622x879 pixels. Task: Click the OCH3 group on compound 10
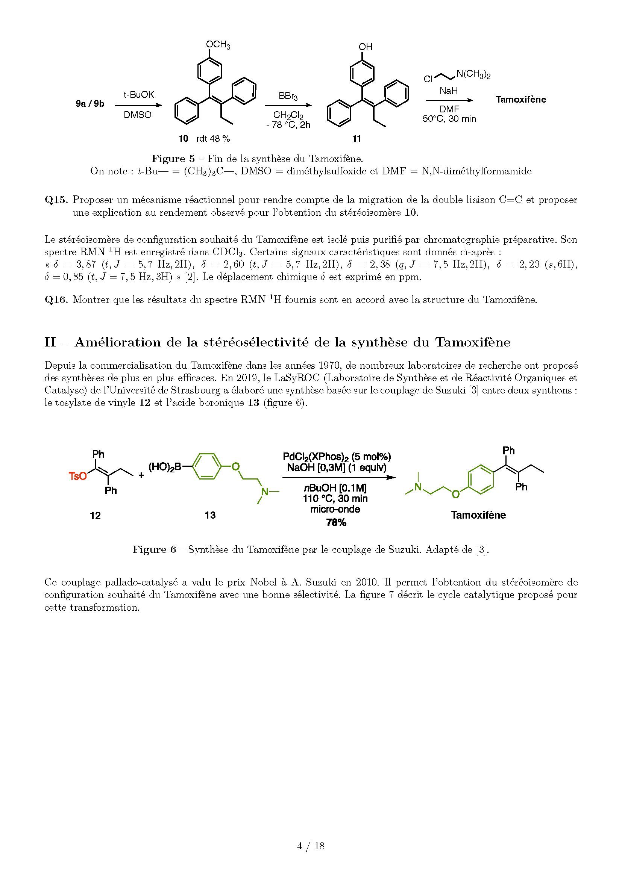pos(218,45)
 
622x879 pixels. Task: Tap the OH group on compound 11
pos(365,47)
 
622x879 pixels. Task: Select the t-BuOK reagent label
pos(138,95)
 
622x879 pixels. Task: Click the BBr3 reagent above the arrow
pos(288,96)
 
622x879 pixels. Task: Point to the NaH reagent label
pos(449,91)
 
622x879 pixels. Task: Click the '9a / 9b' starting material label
pos(90,104)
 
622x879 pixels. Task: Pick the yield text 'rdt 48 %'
pos(213,139)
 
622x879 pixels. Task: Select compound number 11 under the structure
pos(357,139)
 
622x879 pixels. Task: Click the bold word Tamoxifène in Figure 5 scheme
pos(520,100)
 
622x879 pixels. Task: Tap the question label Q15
pos(56,200)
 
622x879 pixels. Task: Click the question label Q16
pos(56,300)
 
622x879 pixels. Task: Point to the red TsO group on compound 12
pos(77,476)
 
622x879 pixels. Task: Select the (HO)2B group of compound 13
pos(165,467)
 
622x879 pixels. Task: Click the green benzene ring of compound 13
pos(206,466)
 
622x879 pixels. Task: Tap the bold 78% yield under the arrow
pos(336,522)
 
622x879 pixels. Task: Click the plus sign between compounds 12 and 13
pos(141,475)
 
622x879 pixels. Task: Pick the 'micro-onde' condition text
pos(335,509)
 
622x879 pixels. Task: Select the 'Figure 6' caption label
pos(154,549)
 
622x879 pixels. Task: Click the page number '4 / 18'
pos(311,846)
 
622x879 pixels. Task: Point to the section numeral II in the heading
pos(50,342)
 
